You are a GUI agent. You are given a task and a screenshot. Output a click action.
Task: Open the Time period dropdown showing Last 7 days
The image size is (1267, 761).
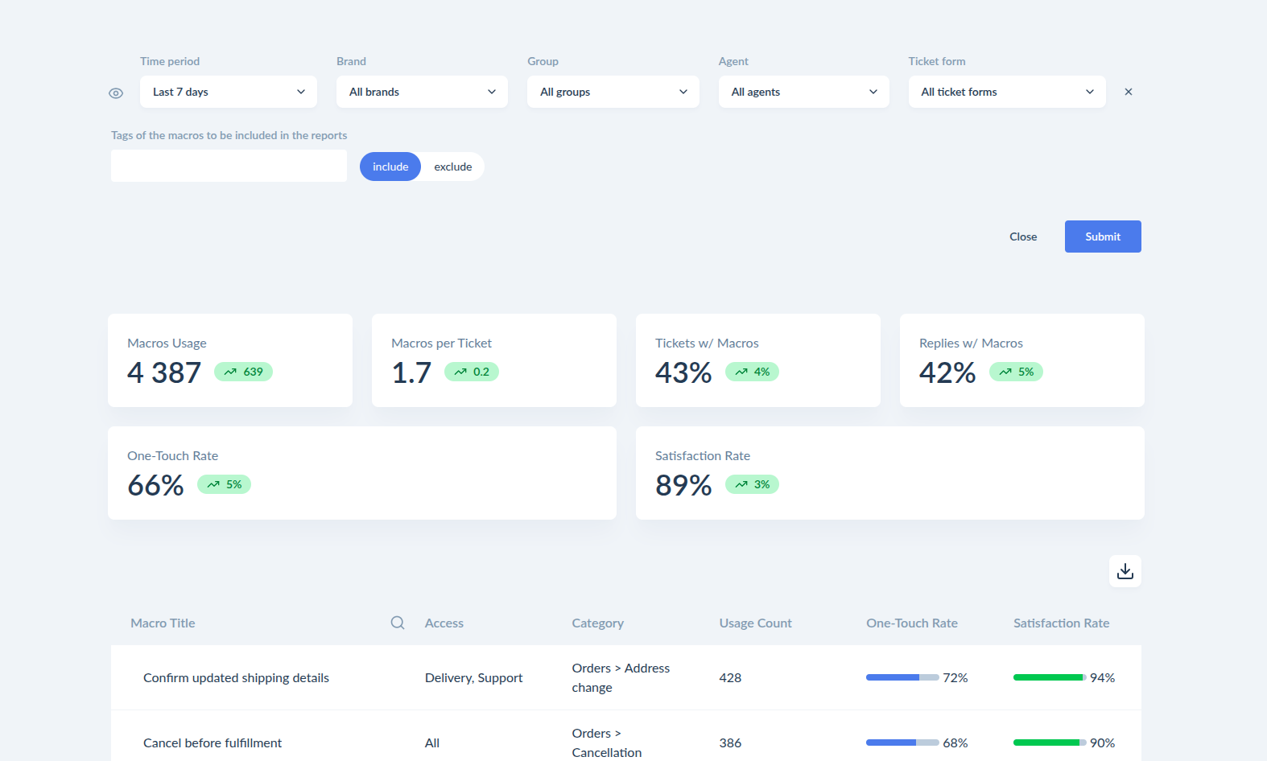tap(228, 92)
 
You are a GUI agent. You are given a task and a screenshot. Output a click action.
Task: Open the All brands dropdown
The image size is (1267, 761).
tap(422, 92)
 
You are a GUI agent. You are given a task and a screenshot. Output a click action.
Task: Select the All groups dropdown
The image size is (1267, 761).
tap(613, 92)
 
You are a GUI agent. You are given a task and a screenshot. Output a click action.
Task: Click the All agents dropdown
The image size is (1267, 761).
tap(804, 92)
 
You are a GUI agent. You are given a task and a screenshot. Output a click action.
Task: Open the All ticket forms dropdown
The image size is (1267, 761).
tap(1007, 92)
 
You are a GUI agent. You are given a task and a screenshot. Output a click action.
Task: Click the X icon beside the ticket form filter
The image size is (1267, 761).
tap(1129, 92)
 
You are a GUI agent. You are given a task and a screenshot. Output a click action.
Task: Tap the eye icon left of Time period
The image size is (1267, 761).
tap(116, 93)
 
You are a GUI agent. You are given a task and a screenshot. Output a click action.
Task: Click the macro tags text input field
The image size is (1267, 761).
tap(229, 166)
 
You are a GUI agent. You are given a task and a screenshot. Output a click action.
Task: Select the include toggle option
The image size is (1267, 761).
tap(390, 167)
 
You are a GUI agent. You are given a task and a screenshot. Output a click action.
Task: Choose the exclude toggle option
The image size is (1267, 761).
tap(453, 167)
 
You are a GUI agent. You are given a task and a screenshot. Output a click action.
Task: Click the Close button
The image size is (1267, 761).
tap(1023, 237)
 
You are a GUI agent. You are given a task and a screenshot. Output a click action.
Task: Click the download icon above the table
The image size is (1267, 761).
tap(1125, 571)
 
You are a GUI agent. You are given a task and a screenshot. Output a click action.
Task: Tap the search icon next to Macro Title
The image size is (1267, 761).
tap(398, 623)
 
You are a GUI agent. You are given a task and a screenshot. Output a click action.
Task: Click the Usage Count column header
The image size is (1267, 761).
tap(755, 623)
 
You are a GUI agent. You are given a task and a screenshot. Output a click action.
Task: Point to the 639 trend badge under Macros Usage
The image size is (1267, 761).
tap(243, 372)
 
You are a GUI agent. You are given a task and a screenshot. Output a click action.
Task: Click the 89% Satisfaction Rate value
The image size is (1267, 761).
tap(683, 485)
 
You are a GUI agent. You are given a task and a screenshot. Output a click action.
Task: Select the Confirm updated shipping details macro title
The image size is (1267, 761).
tap(236, 677)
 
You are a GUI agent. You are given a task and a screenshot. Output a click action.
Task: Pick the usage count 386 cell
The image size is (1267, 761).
tap(730, 743)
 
